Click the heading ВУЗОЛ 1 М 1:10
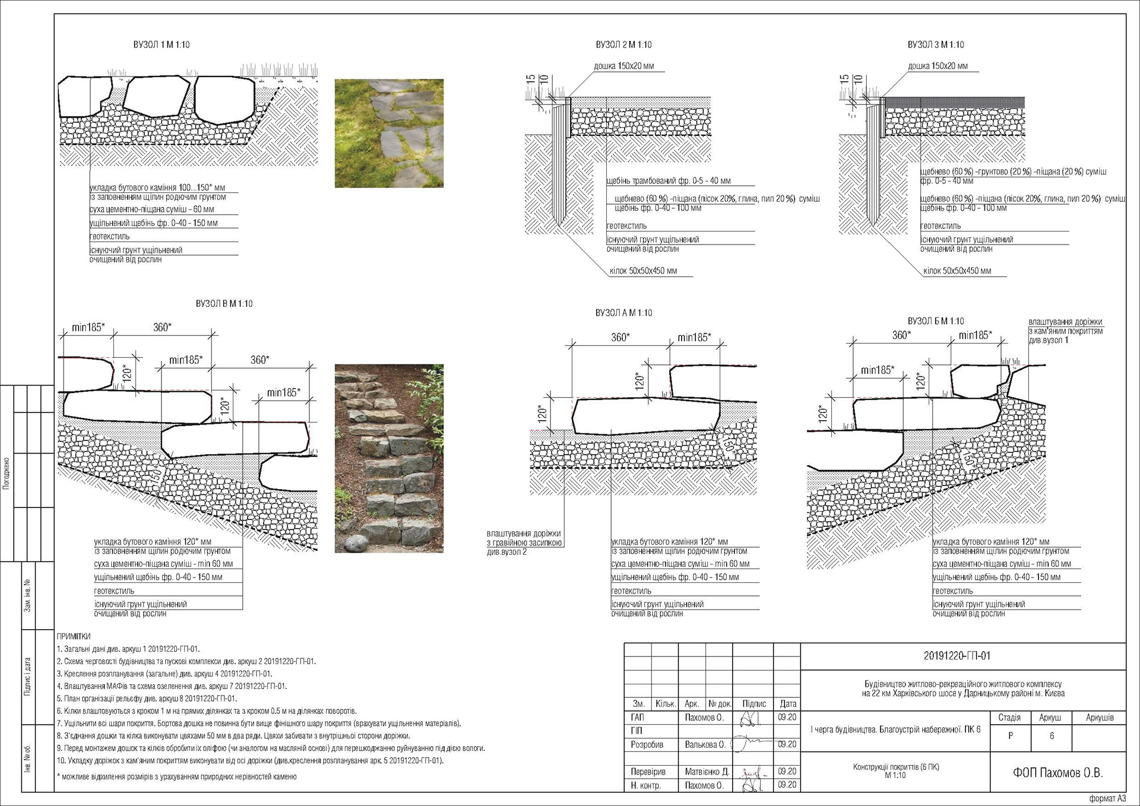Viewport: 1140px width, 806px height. [x=161, y=45]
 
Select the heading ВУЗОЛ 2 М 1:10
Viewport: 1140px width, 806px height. [x=623, y=45]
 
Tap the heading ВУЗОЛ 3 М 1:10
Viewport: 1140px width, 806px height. [x=936, y=45]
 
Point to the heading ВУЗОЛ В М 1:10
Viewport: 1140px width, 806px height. [x=224, y=303]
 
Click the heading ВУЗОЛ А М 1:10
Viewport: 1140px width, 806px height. [x=623, y=313]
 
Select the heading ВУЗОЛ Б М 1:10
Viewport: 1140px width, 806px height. [x=936, y=321]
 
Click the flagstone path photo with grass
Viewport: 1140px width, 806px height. [x=389, y=134]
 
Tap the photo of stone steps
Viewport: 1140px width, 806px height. [x=389, y=458]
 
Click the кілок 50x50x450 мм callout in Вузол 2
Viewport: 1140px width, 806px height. [x=643, y=271]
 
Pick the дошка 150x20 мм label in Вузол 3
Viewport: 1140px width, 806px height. [x=938, y=66]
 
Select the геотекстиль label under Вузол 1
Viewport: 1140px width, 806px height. [x=109, y=236]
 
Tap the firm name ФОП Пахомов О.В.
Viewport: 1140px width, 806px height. [x=1057, y=772]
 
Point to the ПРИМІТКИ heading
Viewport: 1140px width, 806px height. [x=74, y=636]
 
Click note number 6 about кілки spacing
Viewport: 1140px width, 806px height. [x=207, y=710]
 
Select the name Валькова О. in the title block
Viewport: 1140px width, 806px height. [x=704, y=744]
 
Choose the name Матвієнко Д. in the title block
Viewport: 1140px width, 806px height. [x=707, y=772]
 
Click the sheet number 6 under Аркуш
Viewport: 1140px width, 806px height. [x=1052, y=735]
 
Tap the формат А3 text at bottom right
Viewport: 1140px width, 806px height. [x=1107, y=798]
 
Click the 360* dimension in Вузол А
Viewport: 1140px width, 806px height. [x=620, y=337]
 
